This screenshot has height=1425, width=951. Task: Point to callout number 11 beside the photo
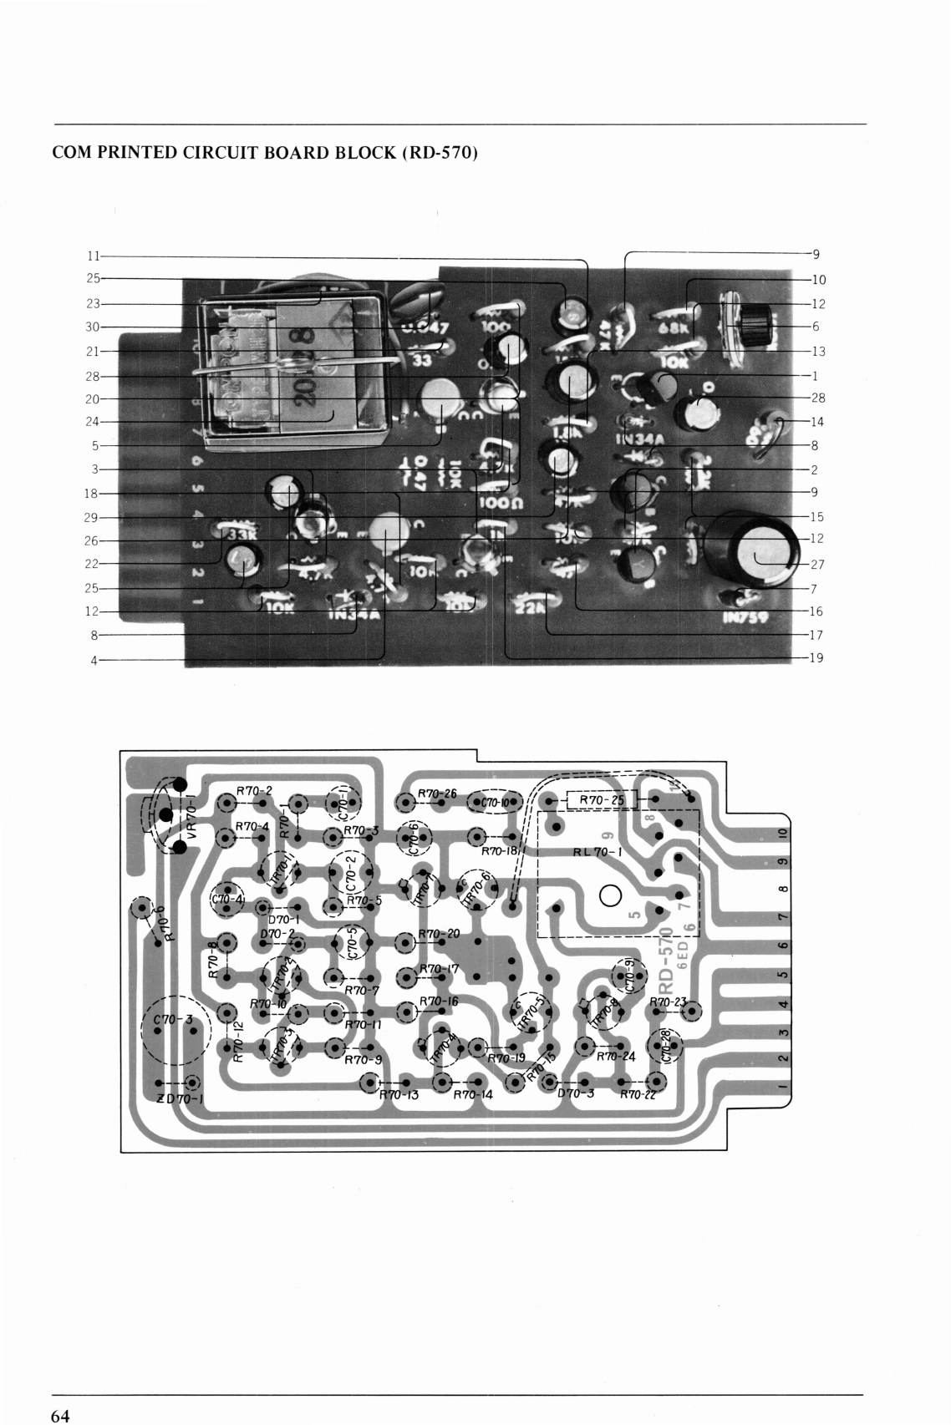tap(94, 256)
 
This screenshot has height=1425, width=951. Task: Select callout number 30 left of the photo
tap(94, 327)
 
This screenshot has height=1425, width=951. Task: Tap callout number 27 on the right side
tap(817, 565)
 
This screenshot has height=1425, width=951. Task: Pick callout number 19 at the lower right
tap(817, 658)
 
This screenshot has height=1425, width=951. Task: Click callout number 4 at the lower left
tap(94, 661)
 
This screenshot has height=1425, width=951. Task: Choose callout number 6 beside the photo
tap(815, 327)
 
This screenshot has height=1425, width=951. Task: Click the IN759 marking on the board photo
tap(745, 618)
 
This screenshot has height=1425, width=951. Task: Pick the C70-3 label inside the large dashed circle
tap(173, 1020)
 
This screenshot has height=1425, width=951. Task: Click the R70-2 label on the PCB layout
tap(254, 789)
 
